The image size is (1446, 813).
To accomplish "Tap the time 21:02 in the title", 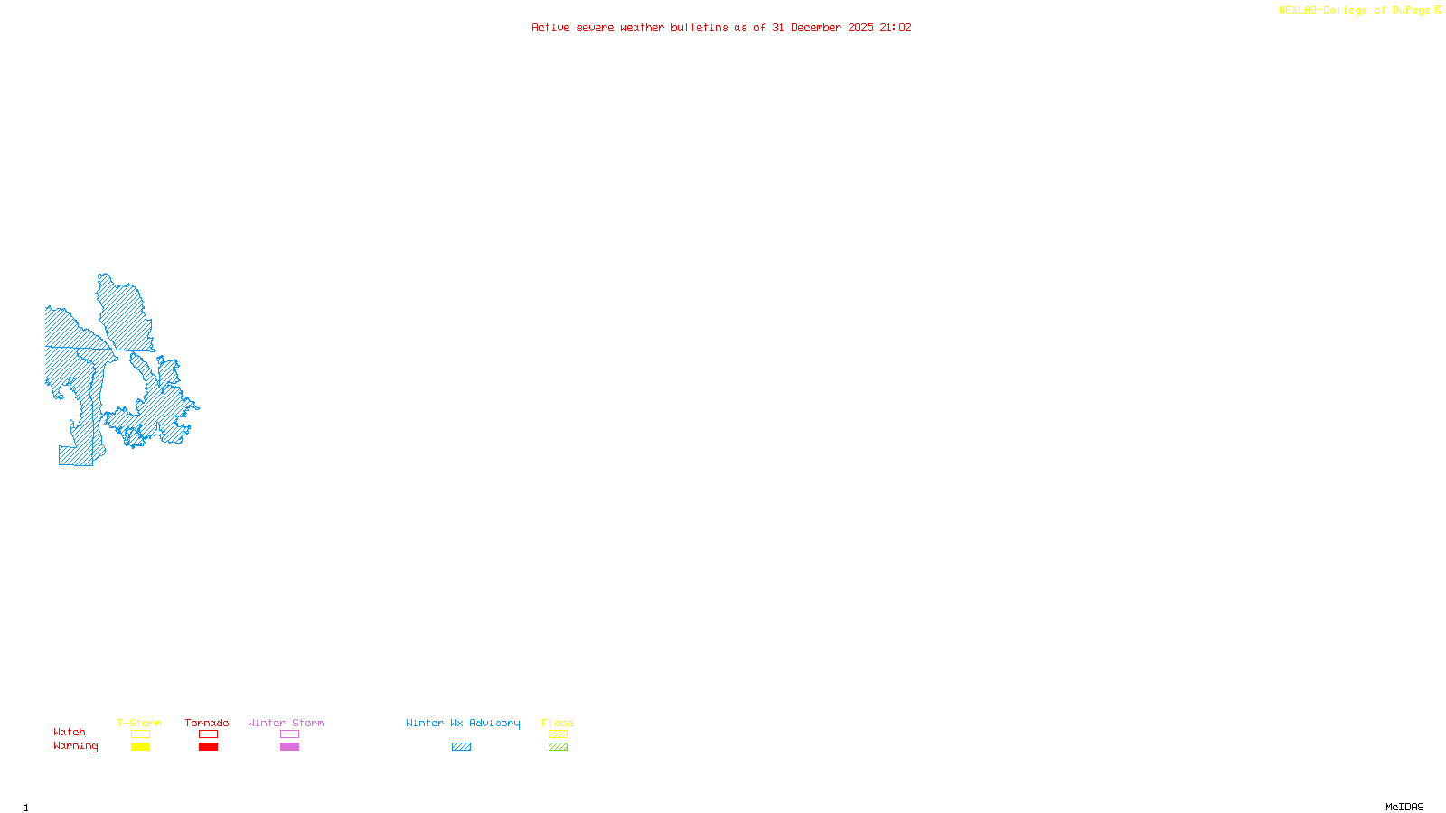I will point(895,28).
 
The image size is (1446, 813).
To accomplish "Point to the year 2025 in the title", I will point(860,28).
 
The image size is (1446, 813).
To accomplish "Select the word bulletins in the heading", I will point(699,28).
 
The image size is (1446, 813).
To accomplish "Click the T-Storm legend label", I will point(139,723).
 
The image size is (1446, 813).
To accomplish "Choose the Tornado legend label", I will point(207,723).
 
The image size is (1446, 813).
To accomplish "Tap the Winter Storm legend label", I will point(286,723).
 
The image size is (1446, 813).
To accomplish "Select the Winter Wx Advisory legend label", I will point(463,723).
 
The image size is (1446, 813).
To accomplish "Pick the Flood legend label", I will point(558,723).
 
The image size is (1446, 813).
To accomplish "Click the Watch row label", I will point(70,733).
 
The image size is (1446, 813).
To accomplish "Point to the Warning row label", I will point(75,746).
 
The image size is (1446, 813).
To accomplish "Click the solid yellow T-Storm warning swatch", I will point(140,747).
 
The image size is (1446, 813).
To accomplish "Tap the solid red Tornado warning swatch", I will point(208,747).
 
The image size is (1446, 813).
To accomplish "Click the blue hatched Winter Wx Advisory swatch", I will point(461,747).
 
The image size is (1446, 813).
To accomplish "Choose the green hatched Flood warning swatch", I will point(558,747).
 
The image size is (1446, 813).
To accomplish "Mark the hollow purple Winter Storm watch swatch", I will point(289,734).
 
